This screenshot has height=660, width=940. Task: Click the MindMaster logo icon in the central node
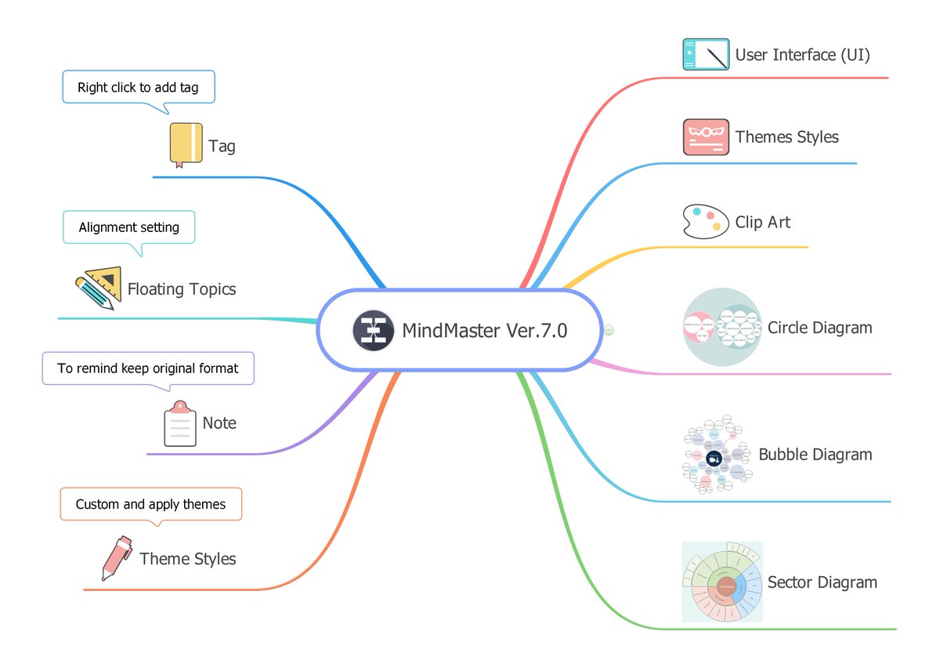(373, 330)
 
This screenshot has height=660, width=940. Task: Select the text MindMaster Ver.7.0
(484, 331)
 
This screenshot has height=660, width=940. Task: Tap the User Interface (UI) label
(802, 55)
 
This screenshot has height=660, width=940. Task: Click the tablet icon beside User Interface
(706, 55)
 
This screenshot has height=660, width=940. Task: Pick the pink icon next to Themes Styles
(706, 137)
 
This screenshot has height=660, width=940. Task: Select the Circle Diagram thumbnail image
(721, 328)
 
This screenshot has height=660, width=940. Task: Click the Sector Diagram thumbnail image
(721, 582)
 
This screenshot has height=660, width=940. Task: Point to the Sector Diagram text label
(822, 582)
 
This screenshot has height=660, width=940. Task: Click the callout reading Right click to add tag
(138, 87)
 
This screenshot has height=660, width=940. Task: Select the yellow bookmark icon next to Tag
(186, 144)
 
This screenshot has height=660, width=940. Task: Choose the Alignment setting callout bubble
(128, 227)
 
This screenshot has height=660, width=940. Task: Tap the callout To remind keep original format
(148, 368)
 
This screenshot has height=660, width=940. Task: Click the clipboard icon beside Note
(179, 424)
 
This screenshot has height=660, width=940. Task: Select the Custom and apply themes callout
(150, 504)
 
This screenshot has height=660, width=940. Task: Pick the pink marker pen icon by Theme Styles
(116, 558)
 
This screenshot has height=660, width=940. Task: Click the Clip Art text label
(762, 223)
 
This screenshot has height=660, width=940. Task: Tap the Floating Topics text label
(181, 289)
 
